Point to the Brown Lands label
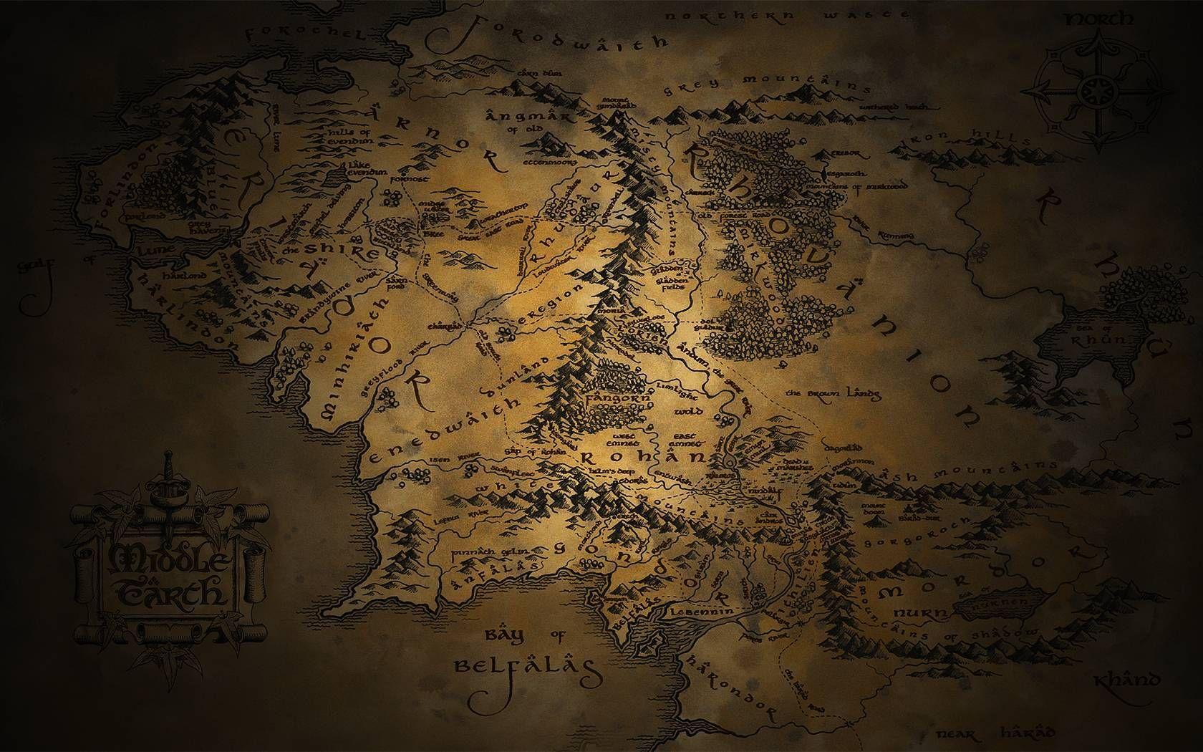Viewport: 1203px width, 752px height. (x=833, y=394)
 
